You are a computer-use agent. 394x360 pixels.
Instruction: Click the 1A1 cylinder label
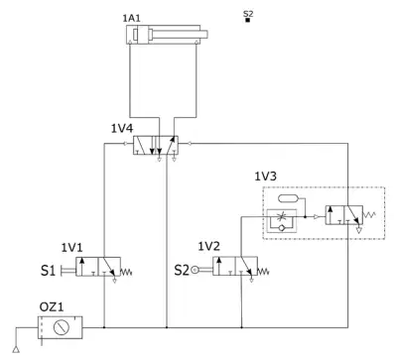131,18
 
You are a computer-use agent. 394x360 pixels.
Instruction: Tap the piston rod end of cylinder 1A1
204,34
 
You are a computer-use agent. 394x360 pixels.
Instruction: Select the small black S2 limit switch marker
247,20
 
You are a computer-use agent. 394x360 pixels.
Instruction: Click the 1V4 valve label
122,128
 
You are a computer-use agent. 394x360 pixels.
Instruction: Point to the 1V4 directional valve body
156,145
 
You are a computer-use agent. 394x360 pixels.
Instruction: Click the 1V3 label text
265,177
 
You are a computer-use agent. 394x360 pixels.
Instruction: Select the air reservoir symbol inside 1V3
289,198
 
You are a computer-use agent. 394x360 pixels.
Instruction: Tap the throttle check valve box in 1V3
282,220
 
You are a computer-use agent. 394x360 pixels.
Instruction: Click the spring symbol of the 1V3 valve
369,215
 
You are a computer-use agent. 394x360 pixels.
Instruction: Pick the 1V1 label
71,247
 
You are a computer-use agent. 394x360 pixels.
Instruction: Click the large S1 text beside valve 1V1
49,271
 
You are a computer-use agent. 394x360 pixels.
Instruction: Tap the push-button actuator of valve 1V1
68,271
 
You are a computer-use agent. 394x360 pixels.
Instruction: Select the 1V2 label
208,246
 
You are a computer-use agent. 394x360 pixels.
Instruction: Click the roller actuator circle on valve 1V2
195,271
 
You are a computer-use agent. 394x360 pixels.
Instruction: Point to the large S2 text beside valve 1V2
182,270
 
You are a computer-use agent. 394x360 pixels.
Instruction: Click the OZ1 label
52,307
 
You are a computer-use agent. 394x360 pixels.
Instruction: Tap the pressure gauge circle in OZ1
61,327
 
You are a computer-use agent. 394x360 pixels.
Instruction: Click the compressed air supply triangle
16,349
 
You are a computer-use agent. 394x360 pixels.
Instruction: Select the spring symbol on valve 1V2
263,272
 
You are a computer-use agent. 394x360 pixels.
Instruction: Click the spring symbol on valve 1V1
126,272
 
